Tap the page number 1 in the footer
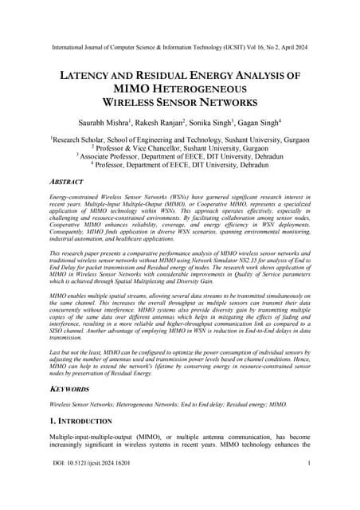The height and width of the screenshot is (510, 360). point(307,484)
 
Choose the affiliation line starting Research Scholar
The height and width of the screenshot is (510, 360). point(179,138)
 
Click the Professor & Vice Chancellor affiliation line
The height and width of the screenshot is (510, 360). point(179,147)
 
